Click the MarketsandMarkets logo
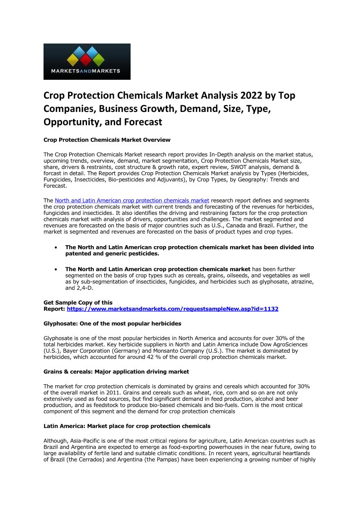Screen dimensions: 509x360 point(87,62)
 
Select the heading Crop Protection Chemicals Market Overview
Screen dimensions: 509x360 point(107,140)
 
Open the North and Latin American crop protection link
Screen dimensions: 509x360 point(132,200)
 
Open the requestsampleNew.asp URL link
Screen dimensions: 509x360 point(172,309)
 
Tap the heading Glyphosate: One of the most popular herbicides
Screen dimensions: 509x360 point(112,324)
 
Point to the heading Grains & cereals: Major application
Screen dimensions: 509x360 point(116,372)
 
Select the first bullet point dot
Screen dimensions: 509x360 point(55,248)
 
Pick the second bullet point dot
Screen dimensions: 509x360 point(55,270)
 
